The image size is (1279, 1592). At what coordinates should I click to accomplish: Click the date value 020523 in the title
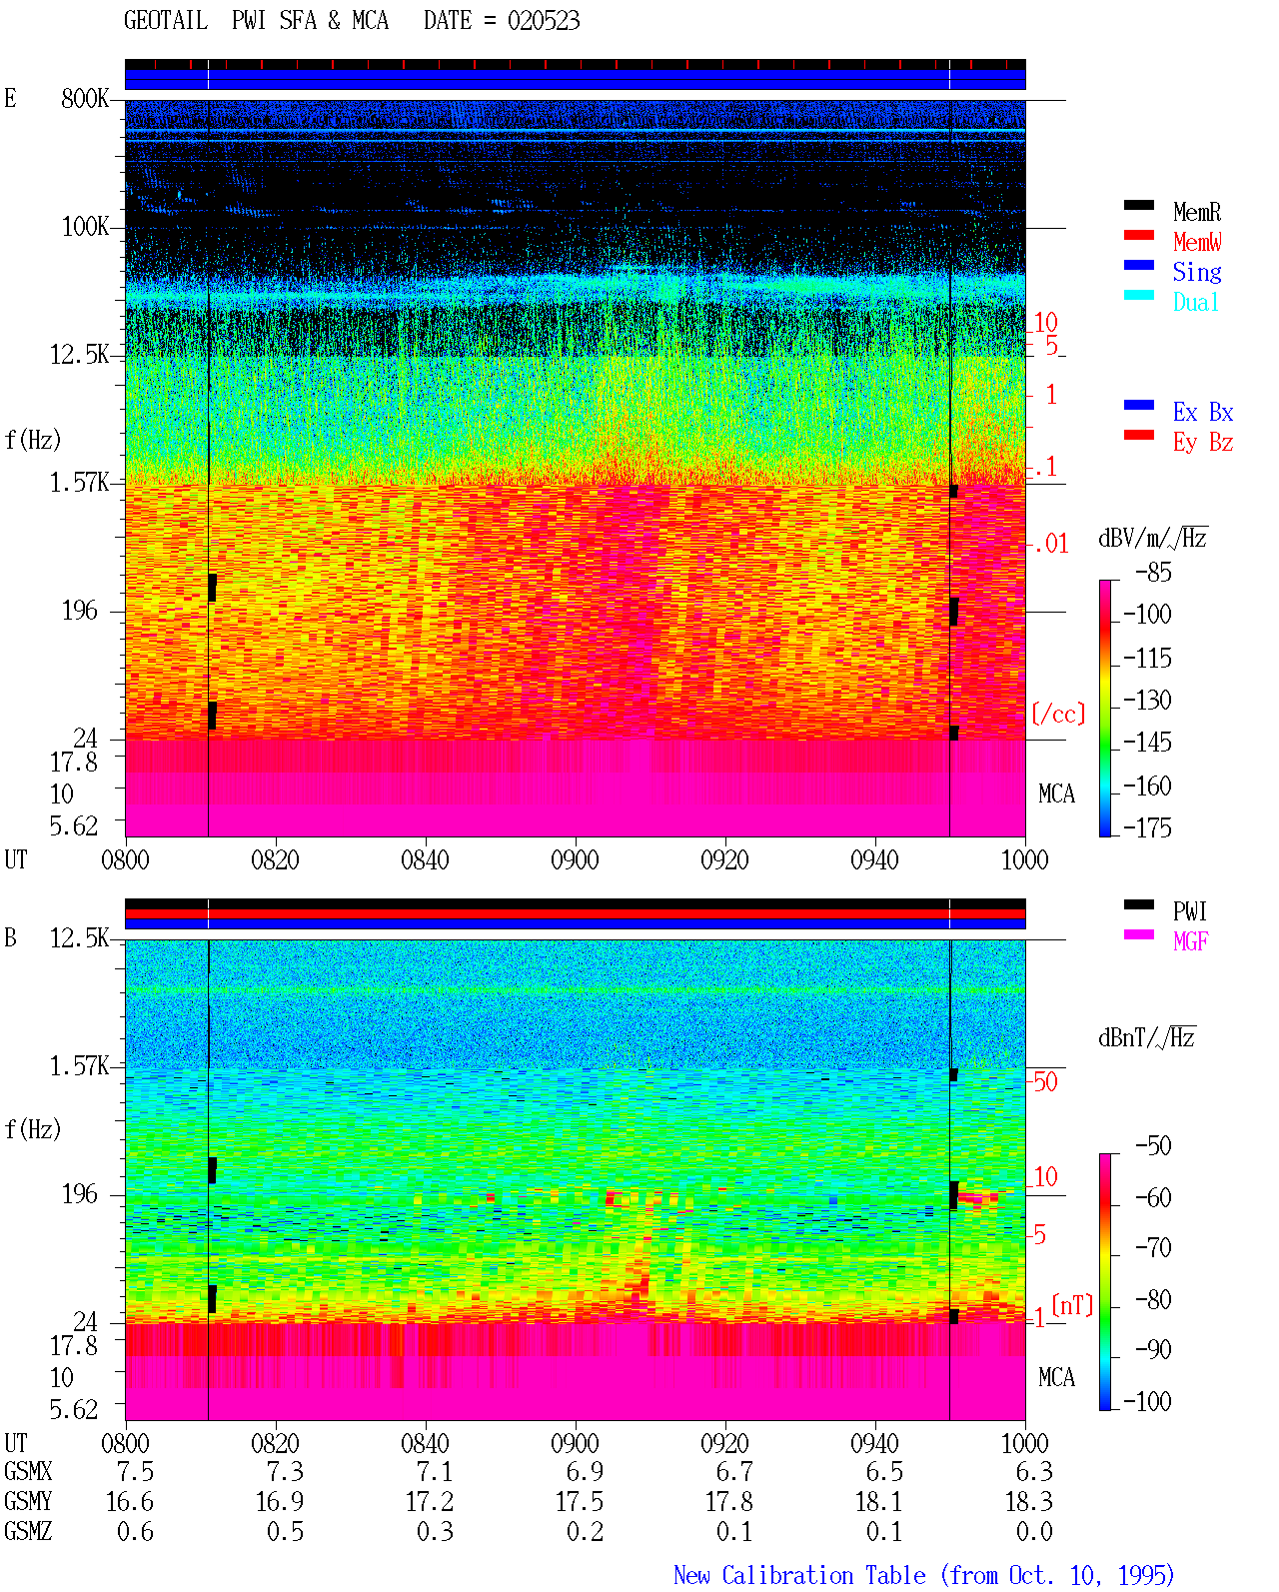pos(543,21)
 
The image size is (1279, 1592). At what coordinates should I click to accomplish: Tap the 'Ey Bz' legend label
pos(1202,442)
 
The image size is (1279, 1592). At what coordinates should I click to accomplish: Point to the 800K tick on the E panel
pos(85,98)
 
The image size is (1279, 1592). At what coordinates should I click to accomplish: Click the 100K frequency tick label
pos(85,227)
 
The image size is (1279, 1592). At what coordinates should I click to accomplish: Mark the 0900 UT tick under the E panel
pos(575,859)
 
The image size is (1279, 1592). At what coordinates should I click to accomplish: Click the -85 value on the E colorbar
pos(1153,572)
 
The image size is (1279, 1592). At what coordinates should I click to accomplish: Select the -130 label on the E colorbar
pos(1147,700)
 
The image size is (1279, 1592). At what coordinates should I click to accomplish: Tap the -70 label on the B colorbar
pos(1153,1247)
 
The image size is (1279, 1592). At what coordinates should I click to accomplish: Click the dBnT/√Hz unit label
pos(1146,1037)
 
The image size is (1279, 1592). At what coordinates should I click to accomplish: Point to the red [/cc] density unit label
pos(1058,714)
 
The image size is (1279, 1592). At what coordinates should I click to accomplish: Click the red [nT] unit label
pos(1072,1304)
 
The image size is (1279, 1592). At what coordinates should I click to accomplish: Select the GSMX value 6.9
pos(586,1471)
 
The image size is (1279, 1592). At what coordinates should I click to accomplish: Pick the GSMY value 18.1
pos(878,1501)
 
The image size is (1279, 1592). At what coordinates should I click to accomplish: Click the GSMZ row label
pos(28,1531)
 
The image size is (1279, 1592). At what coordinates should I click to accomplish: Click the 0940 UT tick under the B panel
pos(874,1443)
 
